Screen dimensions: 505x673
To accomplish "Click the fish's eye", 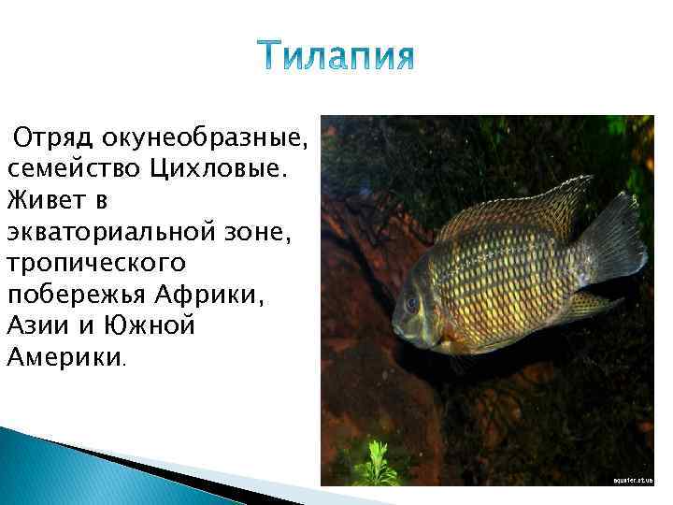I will pyautogui.click(x=412, y=304).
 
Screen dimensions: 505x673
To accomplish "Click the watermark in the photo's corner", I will pyautogui.click(x=631, y=479).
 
